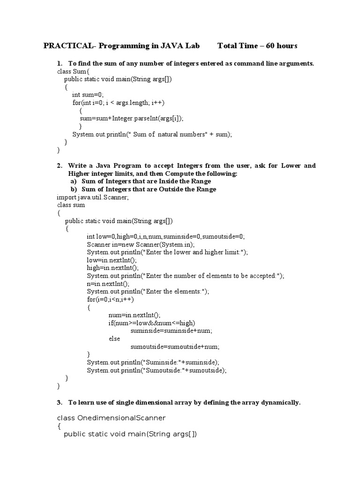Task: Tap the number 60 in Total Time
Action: point(271,45)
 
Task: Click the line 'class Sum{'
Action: point(70,71)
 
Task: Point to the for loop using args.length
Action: point(119,103)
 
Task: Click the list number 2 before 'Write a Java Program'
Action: point(60,165)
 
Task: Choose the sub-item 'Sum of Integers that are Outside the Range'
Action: point(149,189)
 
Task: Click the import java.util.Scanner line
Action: point(93,197)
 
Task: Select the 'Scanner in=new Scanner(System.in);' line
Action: point(141,244)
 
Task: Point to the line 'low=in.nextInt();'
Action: point(112,260)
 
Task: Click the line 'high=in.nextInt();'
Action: point(112,268)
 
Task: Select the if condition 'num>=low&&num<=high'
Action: point(151,322)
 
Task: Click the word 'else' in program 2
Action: point(114,338)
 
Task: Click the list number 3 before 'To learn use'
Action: point(60,402)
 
